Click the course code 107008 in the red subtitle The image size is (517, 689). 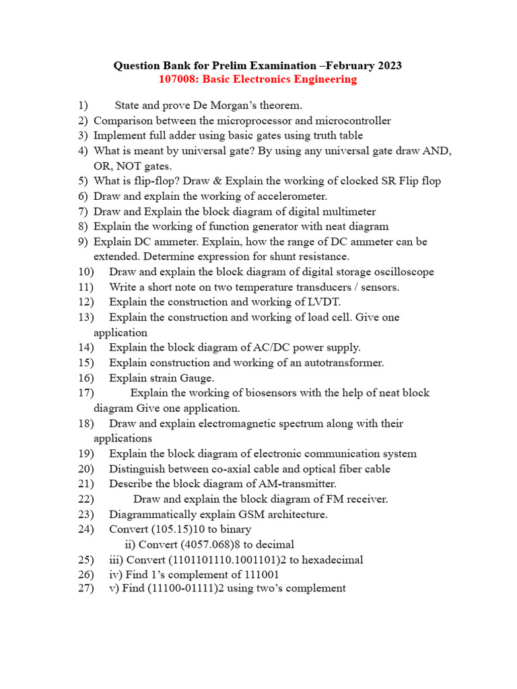click(x=177, y=79)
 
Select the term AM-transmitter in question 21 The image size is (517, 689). click(x=294, y=484)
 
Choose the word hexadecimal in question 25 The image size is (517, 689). click(x=328, y=560)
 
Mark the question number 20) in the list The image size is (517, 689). click(x=85, y=469)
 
